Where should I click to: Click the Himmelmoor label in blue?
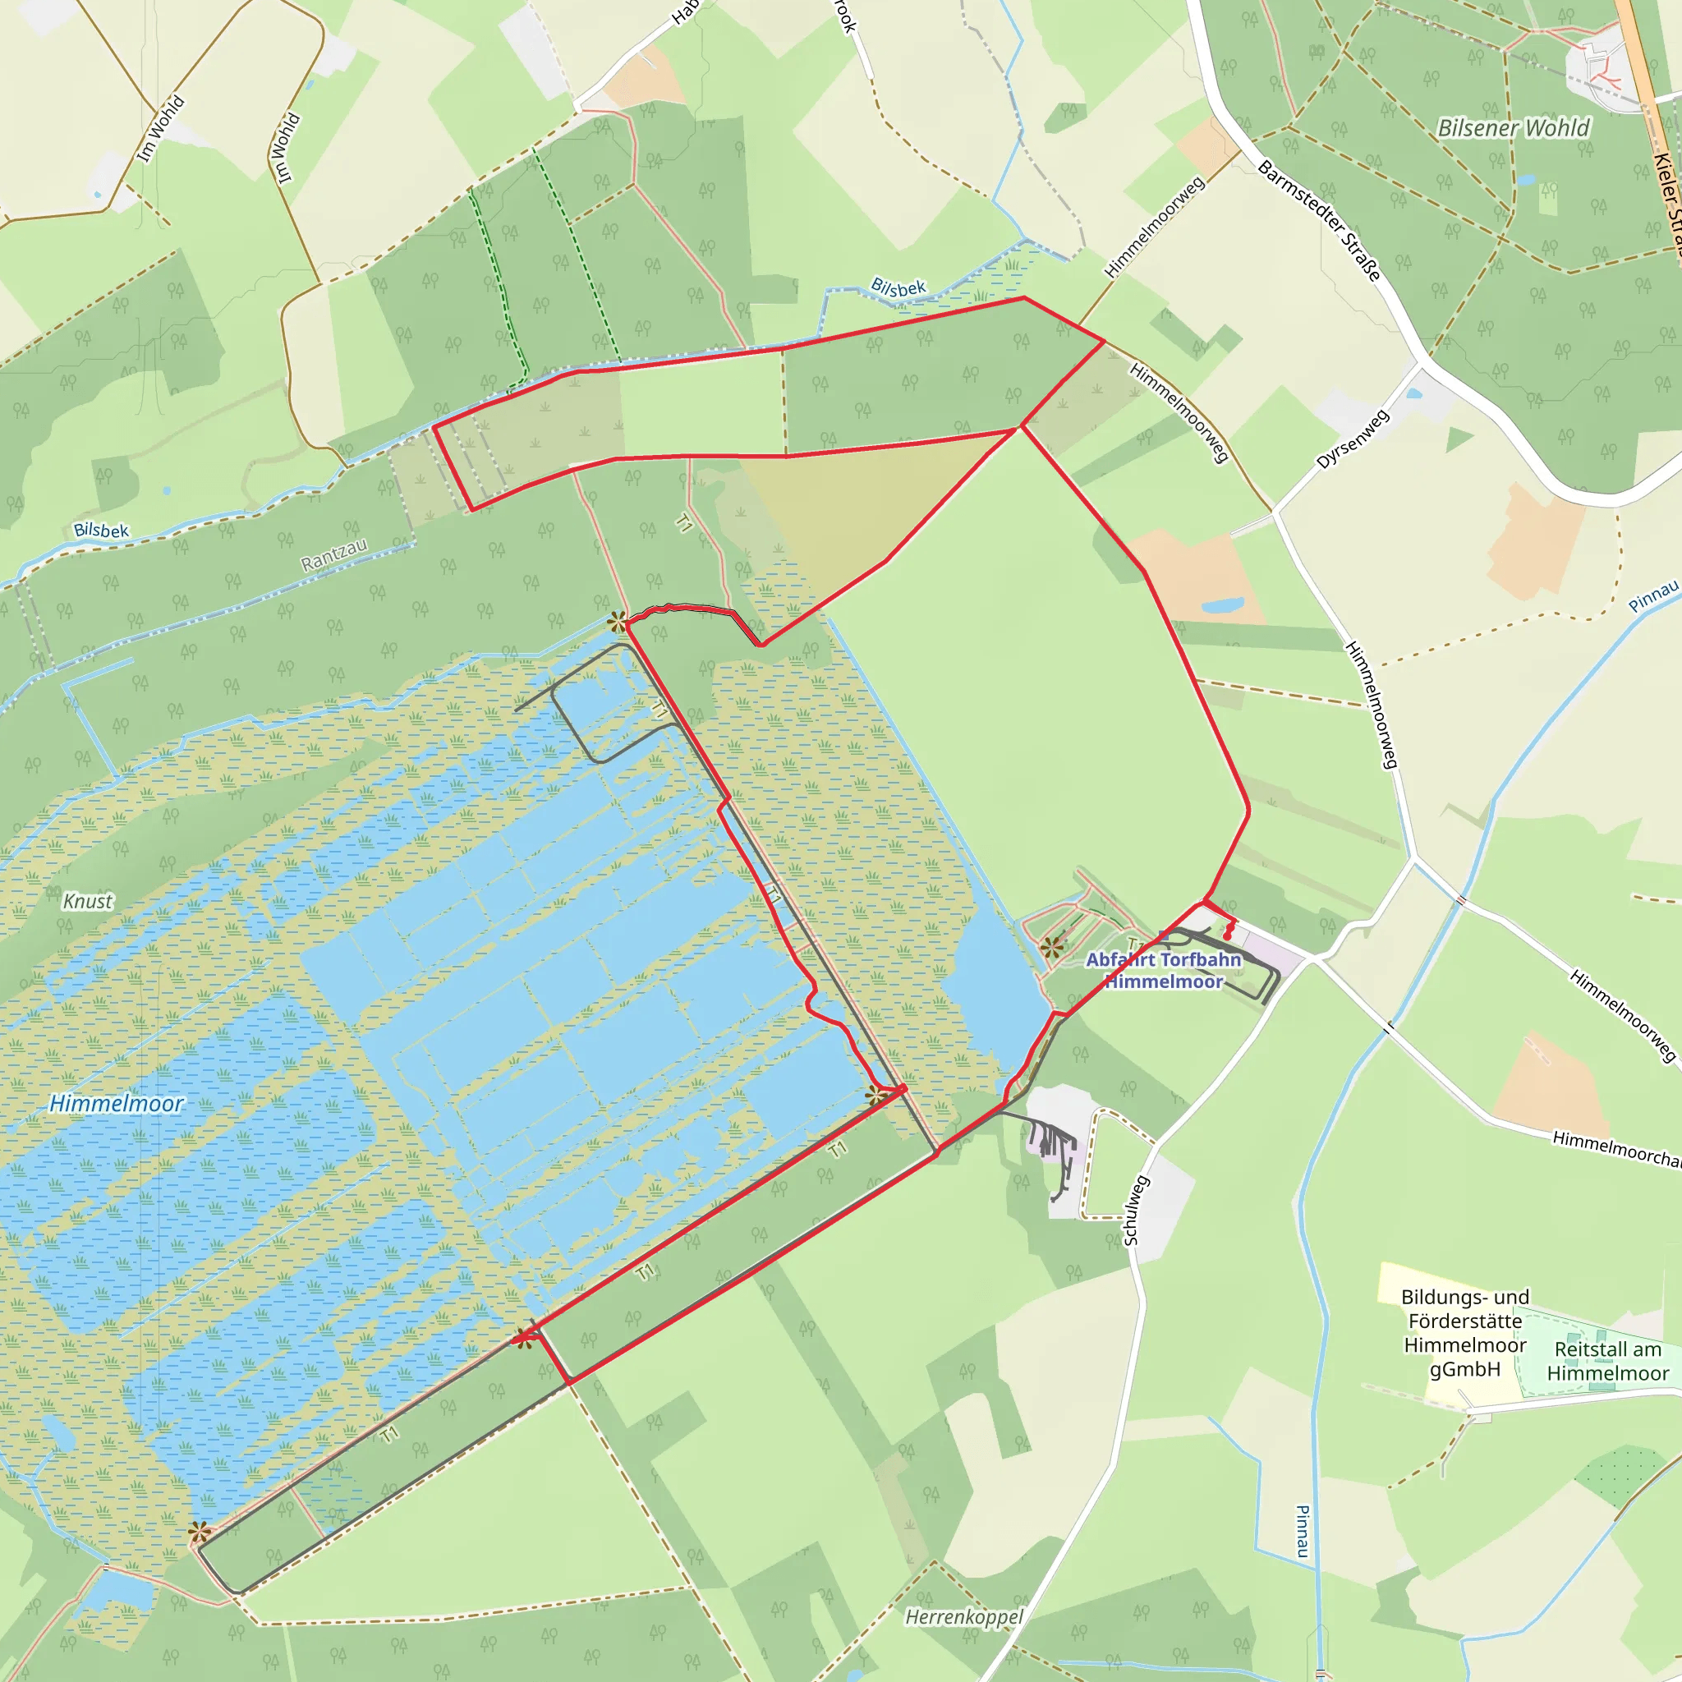(x=116, y=1104)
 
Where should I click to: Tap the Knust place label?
(x=87, y=901)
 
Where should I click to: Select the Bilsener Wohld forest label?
(x=1513, y=128)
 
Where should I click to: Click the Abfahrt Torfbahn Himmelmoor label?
(x=1163, y=970)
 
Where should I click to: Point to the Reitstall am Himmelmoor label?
(x=1607, y=1361)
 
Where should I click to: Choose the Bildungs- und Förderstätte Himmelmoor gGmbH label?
(x=1464, y=1333)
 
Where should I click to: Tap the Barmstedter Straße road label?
(x=1319, y=220)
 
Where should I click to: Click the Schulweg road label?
(x=1136, y=1210)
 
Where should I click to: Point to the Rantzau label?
(x=334, y=554)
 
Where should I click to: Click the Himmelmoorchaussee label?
(x=1615, y=1148)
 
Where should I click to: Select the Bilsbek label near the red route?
(x=898, y=287)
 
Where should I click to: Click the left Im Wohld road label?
(x=161, y=129)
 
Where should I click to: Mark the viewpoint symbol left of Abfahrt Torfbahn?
(x=1052, y=947)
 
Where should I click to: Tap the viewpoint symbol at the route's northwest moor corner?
(x=617, y=622)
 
